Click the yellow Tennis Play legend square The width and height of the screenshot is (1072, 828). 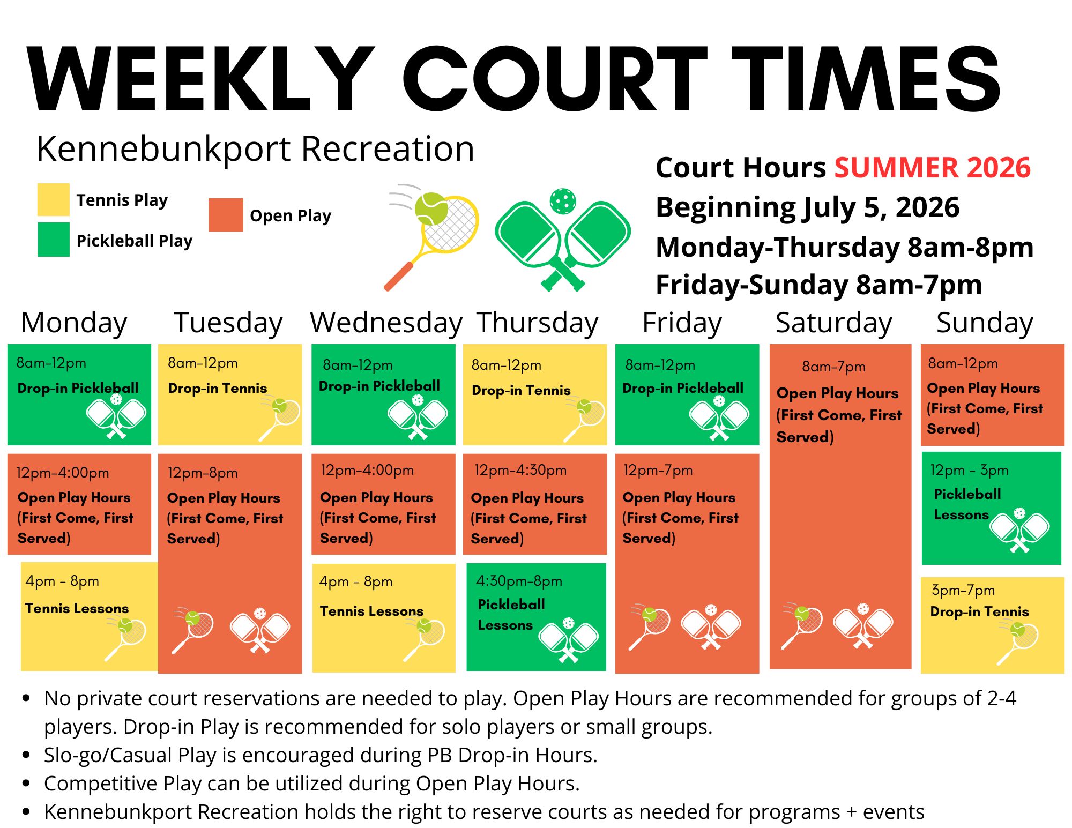coord(53,199)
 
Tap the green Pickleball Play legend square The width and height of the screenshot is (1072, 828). coord(53,240)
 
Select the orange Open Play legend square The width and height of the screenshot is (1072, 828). coord(226,215)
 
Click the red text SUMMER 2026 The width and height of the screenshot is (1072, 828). coord(932,168)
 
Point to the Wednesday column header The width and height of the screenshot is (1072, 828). coord(386,323)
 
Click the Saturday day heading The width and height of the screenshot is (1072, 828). coord(833,323)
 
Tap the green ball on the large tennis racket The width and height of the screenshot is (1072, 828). coord(431,208)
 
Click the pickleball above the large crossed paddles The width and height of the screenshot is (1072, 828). coord(563,201)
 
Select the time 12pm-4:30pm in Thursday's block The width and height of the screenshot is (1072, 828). coord(520,471)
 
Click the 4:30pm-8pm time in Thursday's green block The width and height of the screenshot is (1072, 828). coord(519,581)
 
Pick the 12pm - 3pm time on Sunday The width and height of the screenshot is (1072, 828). coord(969,471)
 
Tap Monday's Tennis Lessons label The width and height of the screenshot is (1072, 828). coord(77,609)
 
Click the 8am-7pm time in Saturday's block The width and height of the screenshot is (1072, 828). coord(833,367)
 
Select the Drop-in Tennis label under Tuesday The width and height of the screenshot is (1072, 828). coord(217,388)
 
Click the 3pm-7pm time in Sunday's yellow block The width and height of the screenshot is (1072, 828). coord(963,591)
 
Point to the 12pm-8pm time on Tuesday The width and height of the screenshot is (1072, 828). coord(202,473)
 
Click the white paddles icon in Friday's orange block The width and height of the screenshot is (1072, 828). coord(711,627)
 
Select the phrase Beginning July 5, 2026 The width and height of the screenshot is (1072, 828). coord(807,207)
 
